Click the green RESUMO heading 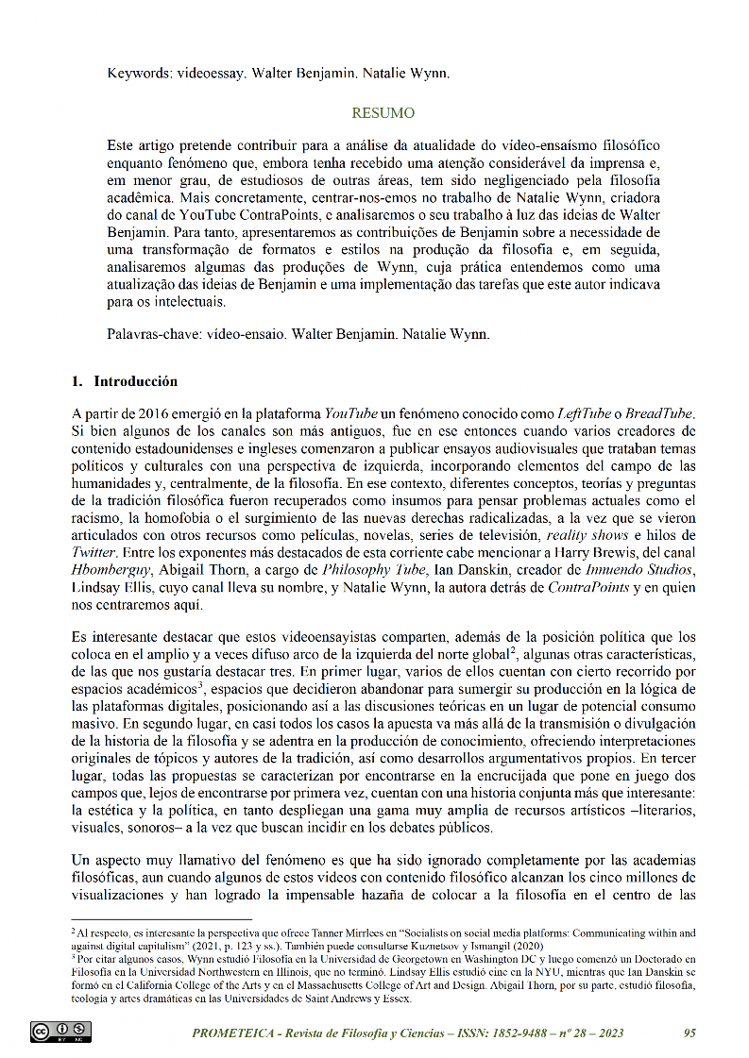[x=383, y=113]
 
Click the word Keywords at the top [x=137, y=73]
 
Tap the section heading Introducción [x=135, y=382]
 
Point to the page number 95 [x=689, y=1033]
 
